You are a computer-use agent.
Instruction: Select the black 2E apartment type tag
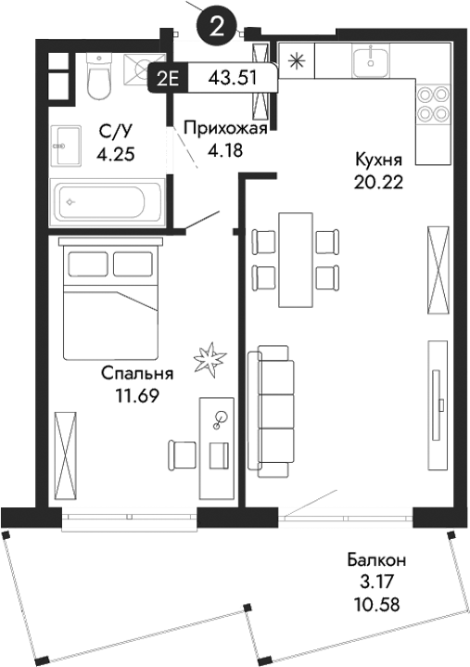(168, 78)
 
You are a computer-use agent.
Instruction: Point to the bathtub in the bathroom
(110, 200)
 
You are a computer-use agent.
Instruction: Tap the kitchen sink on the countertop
(370, 61)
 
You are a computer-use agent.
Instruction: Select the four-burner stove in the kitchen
(430, 103)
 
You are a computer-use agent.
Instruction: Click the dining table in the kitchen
(297, 260)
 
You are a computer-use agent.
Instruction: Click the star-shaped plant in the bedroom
(209, 359)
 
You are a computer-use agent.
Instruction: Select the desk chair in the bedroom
(183, 455)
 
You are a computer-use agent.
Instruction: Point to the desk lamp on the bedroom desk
(221, 420)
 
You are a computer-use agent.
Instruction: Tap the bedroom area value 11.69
(136, 396)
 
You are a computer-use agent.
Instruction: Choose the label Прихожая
(225, 129)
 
